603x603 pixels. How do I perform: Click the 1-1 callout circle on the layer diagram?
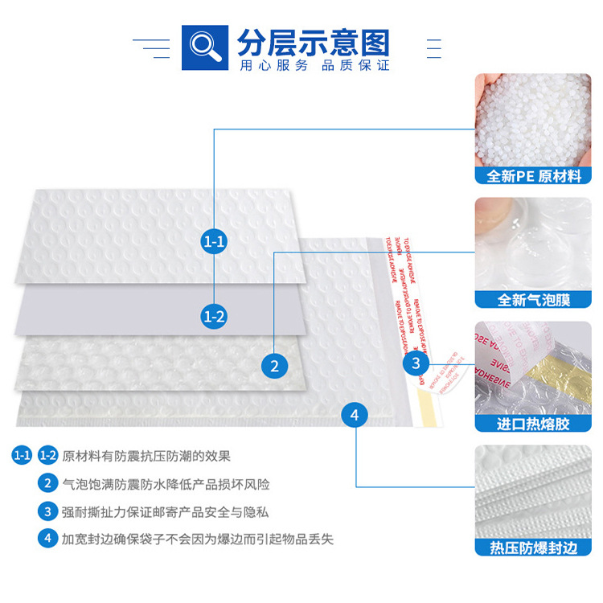[x=214, y=240]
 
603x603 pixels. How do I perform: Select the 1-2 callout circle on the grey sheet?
[x=214, y=316]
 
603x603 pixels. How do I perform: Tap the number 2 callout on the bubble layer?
[x=275, y=366]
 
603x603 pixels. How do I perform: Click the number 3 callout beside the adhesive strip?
[x=416, y=363]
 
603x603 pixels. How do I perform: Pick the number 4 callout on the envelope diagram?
[x=355, y=415]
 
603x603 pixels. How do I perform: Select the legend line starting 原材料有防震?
[x=146, y=456]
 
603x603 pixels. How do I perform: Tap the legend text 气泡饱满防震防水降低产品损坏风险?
[x=166, y=484]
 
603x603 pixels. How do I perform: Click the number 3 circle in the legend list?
[x=47, y=511]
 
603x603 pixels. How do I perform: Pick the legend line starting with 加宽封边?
[x=197, y=539]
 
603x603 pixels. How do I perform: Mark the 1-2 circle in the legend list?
[x=47, y=456]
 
